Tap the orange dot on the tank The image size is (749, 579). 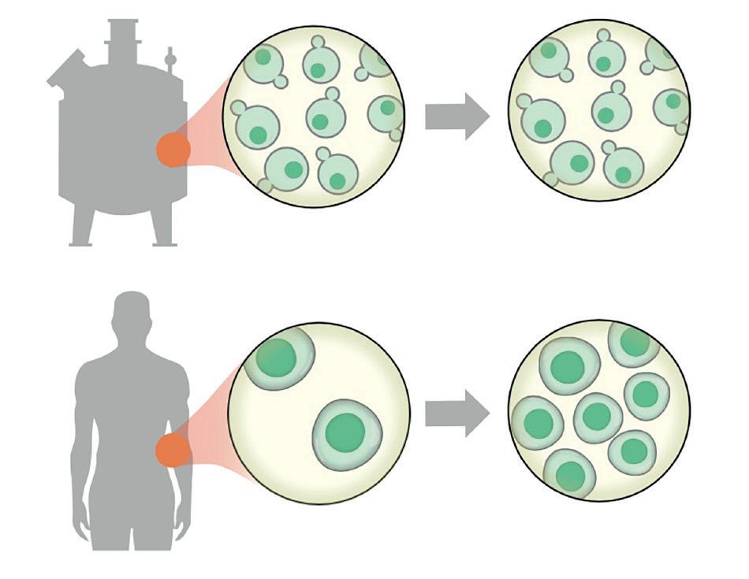[173, 150]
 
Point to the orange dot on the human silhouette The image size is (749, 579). [172, 451]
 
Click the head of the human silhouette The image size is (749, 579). [131, 312]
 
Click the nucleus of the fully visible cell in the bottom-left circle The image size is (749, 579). [345, 432]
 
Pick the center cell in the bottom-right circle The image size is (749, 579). [598, 416]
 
